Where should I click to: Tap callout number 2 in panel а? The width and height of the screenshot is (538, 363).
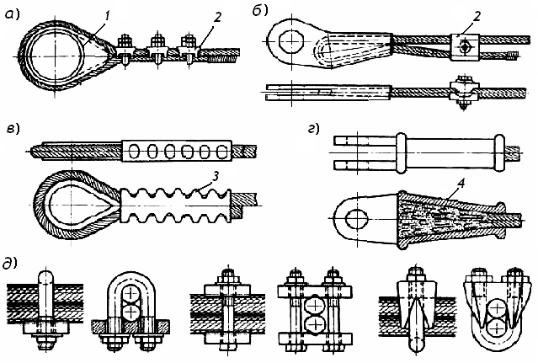(x=194, y=18)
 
